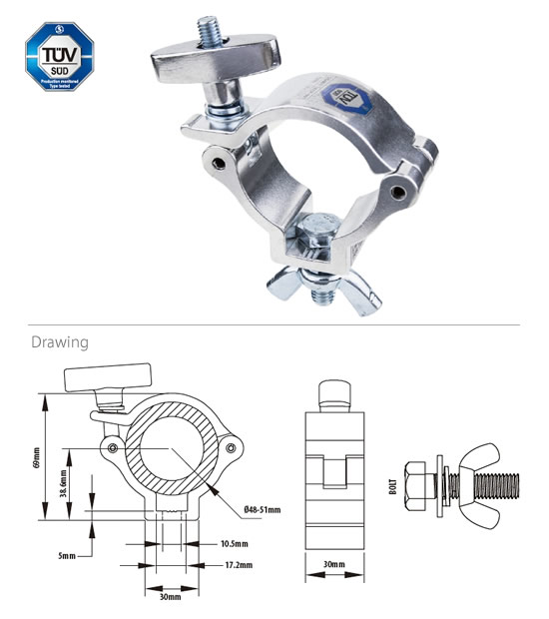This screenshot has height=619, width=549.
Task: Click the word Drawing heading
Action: (x=60, y=342)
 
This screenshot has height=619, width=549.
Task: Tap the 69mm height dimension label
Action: (x=37, y=455)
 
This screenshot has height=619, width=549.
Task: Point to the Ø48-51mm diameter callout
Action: (x=262, y=510)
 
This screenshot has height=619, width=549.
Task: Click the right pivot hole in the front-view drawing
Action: (x=233, y=450)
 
